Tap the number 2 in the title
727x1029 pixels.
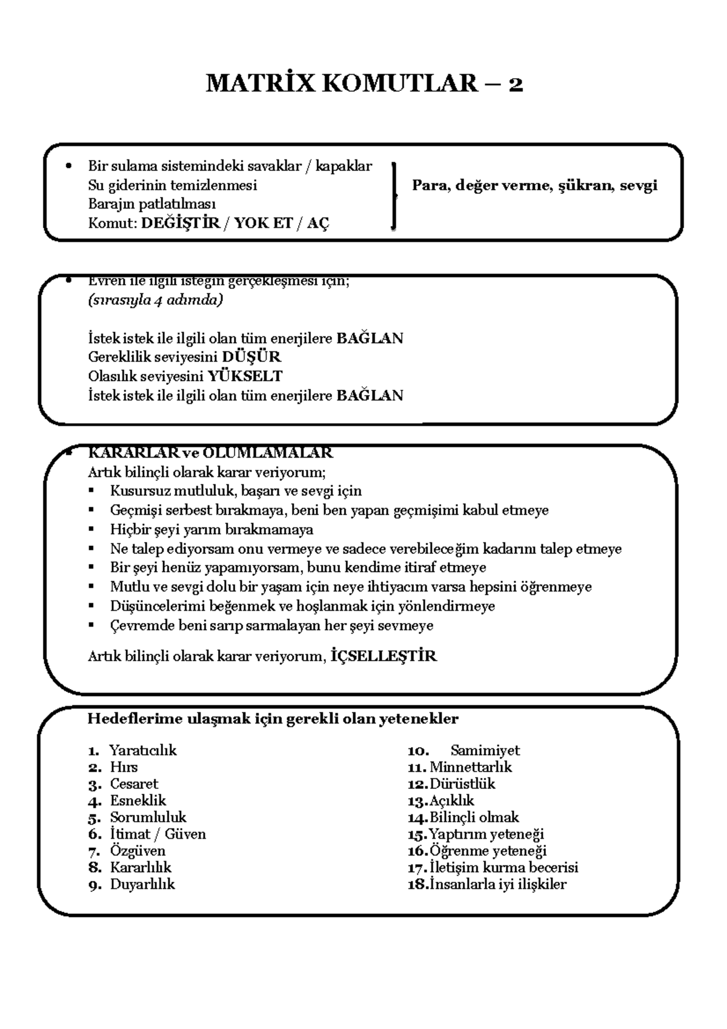pyautogui.click(x=516, y=84)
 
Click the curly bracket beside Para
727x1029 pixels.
pyautogui.click(x=394, y=196)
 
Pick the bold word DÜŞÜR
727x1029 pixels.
pyautogui.click(x=251, y=357)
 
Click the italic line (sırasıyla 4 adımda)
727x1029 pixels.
pyautogui.click(x=155, y=301)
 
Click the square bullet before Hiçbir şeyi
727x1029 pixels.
pyautogui.click(x=91, y=530)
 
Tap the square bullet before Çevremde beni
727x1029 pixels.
pyautogui.click(x=91, y=625)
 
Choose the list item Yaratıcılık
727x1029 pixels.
pyautogui.click(x=143, y=750)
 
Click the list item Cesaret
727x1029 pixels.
pyautogui.click(x=134, y=784)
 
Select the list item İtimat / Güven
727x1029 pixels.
pyautogui.click(x=158, y=834)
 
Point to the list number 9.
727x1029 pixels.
pyautogui.click(x=95, y=885)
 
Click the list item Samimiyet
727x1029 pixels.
pyautogui.click(x=485, y=750)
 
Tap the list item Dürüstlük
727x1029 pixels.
pyautogui.click(x=462, y=784)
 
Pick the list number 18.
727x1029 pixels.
pyautogui.click(x=417, y=885)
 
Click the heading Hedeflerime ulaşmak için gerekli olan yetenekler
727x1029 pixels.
pyautogui.click(x=273, y=719)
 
